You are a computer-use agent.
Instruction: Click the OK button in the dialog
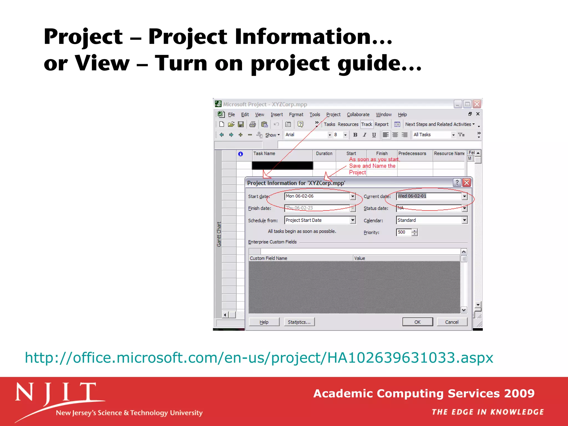point(417,322)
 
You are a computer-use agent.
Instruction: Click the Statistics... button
point(299,322)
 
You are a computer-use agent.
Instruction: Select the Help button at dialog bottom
point(264,322)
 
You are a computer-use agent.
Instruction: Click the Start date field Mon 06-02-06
point(317,196)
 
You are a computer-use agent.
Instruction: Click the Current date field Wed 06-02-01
point(428,196)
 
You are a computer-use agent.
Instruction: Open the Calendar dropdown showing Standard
point(464,220)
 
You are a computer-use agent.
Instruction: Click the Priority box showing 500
point(404,232)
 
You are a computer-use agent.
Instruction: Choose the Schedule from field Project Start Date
point(317,220)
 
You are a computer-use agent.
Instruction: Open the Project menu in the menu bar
point(333,115)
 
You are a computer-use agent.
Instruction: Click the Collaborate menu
point(358,115)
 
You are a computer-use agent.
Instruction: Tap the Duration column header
point(324,153)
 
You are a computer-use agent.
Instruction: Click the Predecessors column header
point(412,153)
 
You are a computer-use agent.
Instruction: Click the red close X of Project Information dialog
point(467,182)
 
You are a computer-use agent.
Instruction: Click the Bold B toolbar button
point(355,135)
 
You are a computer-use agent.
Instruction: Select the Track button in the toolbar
point(366,124)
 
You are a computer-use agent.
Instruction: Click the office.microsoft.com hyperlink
point(259,357)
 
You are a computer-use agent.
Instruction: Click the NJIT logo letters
point(55,392)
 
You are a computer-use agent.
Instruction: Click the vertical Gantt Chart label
point(219,234)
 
